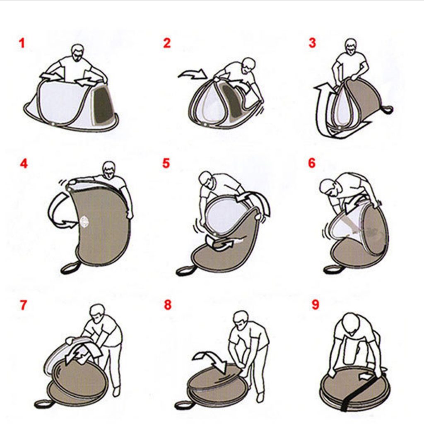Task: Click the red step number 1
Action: point(22,43)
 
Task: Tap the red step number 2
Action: point(167,43)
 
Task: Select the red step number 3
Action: point(312,43)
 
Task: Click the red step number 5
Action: point(166,163)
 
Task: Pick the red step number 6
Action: point(312,163)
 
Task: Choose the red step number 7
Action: point(24,305)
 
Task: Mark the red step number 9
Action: point(316,304)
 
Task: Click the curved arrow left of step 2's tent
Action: point(191,74)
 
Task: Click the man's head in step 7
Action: point(98,314)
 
